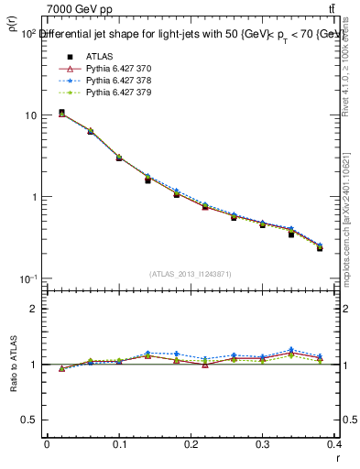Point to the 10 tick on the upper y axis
(x=30, y=115)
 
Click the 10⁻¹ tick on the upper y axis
(x=27, y=278)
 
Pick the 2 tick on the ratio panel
(x=34, y=309)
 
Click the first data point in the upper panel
(x=61, y=113)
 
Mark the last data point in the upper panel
(x=320, y=247)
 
